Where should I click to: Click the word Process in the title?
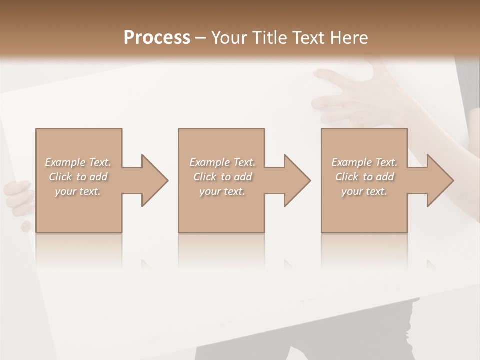point(157,38)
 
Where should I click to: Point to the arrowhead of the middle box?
point(296,180)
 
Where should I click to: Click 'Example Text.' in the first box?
point(78,162)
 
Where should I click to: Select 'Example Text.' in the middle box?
point(222,162)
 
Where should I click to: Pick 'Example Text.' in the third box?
point(364,162)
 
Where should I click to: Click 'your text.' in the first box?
point(78,191)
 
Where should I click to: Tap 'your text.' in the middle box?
point(222,191)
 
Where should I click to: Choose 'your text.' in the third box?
point(364,191)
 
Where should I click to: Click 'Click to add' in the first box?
point(78,177)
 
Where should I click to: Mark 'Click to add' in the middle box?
point(222,177)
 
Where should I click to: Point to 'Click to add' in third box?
point(364,177)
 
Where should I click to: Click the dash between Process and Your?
point(201,38)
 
